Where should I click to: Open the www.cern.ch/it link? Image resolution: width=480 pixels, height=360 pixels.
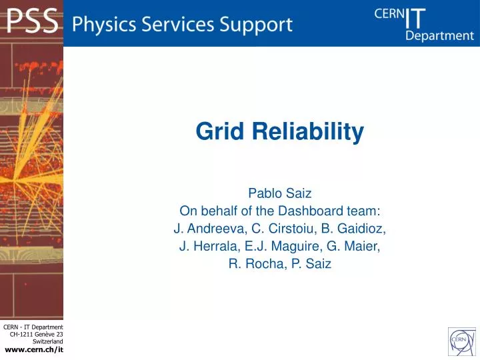(x=34, y=350)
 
